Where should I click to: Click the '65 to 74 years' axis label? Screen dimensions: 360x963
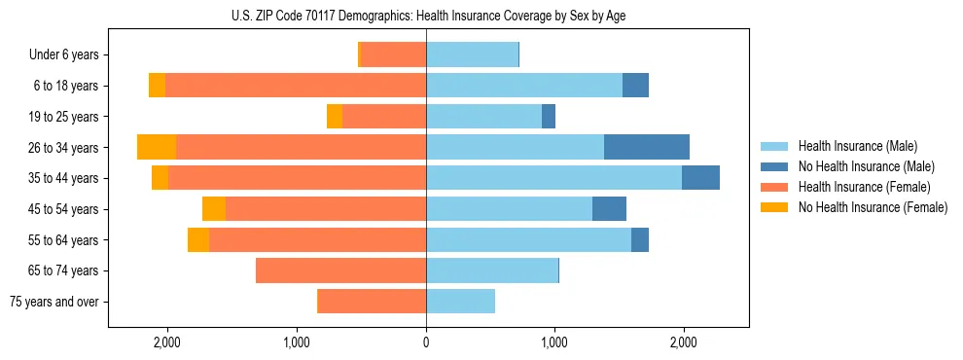point(65,270)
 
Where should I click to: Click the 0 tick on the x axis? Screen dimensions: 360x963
point(426,342)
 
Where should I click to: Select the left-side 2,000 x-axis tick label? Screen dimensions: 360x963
point(167,342)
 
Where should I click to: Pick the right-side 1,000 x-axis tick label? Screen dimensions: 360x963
point(554,342)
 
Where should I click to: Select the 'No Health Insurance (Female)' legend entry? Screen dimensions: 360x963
point(873,207)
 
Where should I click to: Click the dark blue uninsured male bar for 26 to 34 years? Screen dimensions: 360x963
point(646,147)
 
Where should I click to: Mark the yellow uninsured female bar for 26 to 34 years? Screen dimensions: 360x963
point(157,147)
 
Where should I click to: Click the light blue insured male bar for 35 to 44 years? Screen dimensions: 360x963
point(553,178)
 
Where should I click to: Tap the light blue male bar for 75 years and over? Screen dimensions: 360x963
point(460,302)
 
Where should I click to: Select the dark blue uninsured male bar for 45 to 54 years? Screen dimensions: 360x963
point(609,208)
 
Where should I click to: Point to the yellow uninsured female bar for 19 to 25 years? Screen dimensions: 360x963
point(335,116)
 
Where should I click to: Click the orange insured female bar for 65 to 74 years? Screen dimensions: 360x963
point(340,270)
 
